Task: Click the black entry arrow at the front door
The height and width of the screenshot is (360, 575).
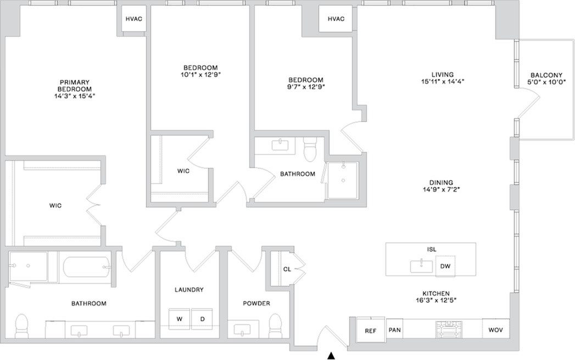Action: point(331,356)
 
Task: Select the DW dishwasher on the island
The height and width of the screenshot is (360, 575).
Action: point(446,267)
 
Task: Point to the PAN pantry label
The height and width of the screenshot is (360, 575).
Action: point(395,330)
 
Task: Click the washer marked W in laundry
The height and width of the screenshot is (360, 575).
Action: point(178,319)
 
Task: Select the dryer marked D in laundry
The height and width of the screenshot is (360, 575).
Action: point(202,319)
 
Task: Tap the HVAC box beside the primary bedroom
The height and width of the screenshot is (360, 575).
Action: point(134,19)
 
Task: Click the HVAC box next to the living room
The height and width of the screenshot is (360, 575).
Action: point(336,19)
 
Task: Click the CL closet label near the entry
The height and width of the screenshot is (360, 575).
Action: point(287,269)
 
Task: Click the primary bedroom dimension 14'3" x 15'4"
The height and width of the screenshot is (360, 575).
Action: point(75,95)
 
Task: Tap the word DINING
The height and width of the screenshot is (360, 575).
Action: point(441,183)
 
